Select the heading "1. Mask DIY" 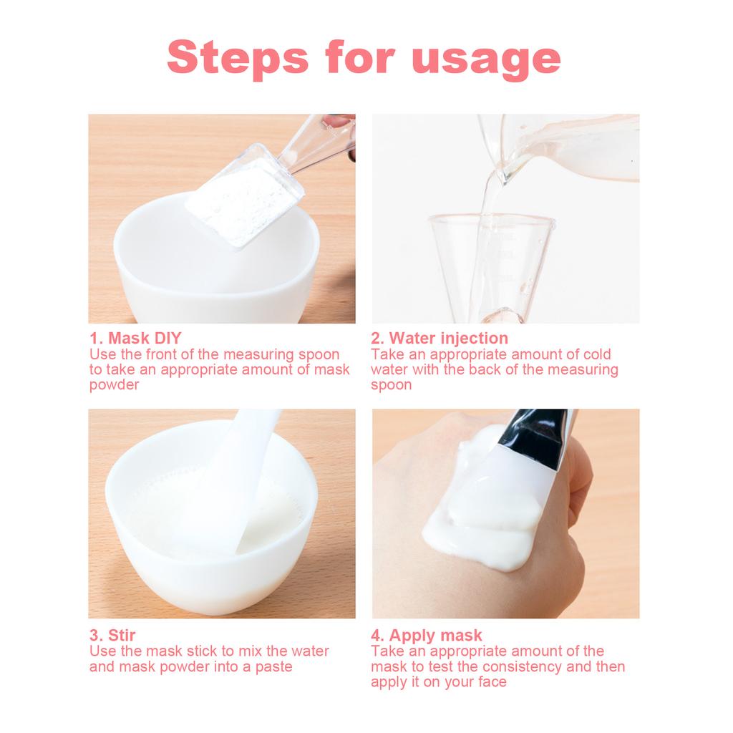pyautogui.click(x=135, y=338)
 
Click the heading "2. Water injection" pyautogui.click(x=440, y=338)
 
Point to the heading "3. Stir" pyautogui.click(x=112, y=635)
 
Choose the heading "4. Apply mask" pyautogui.click(x=427, y=636)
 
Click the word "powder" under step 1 pyautogui.click(x=114, y=385)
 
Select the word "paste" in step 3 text pyautogui.click(x=273, y=667)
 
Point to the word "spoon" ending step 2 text pyautogui.click(x=392, y=385)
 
